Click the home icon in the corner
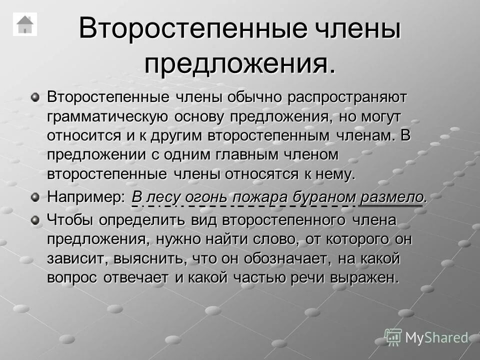[x=24, y=24]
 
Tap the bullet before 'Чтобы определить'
[x=35, y=218]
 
